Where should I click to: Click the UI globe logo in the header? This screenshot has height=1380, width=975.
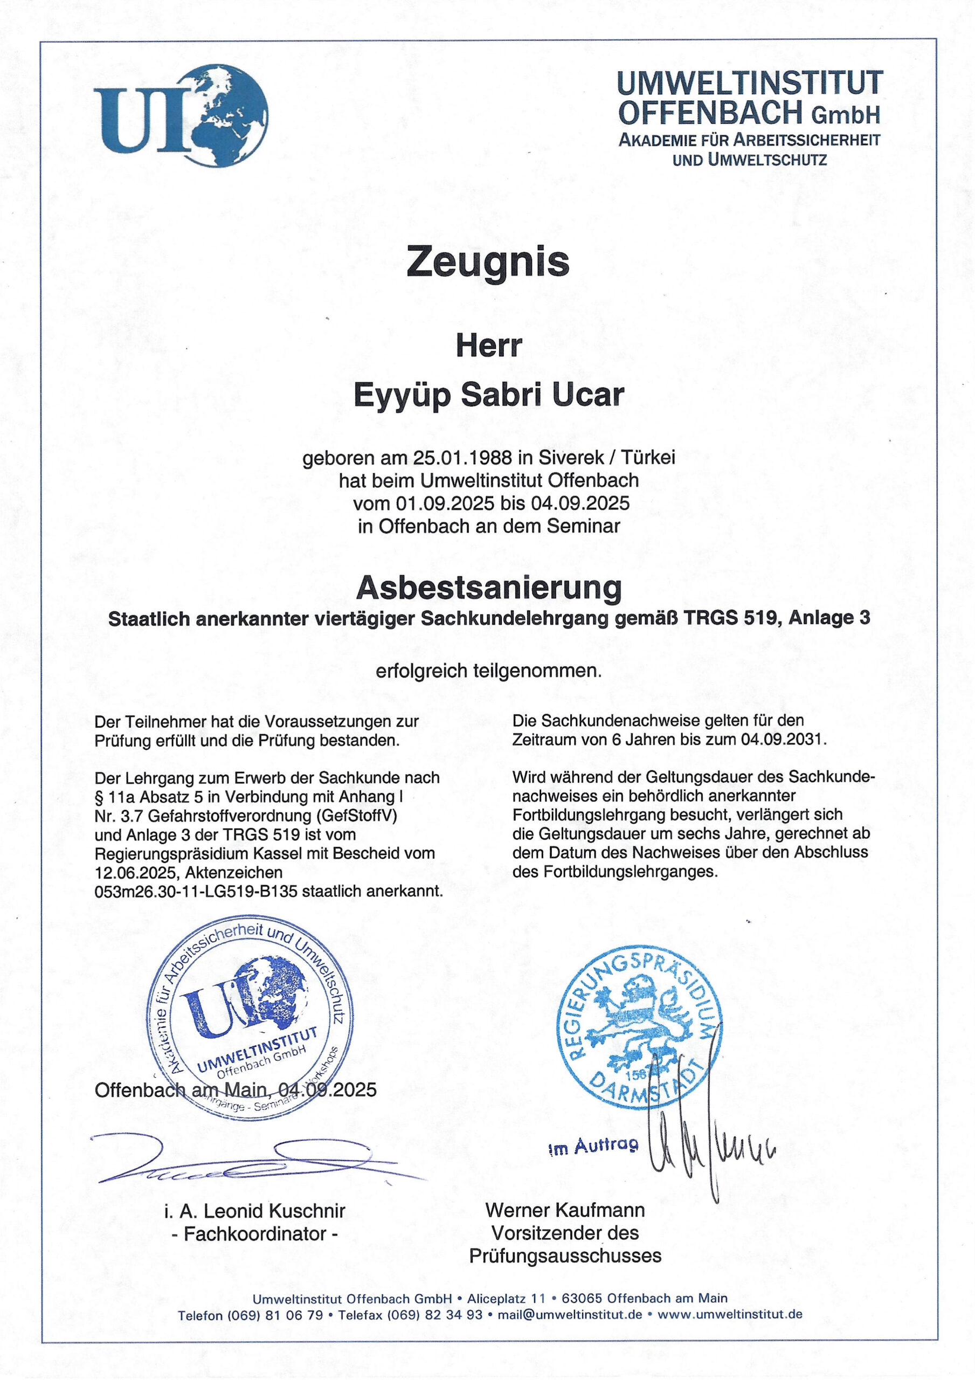(x=181, y=115)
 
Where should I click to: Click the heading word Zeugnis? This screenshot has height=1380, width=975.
(x=487, y=261)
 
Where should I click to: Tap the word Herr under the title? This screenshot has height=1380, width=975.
(x=488, y=346)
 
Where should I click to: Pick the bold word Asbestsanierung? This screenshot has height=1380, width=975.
(x=488, y=587)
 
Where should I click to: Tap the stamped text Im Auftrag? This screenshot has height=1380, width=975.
(x=593, y=1147)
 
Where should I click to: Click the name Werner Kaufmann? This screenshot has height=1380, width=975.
(x=564, y=1209)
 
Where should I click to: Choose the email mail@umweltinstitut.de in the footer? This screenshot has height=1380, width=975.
(x=570, y=1314)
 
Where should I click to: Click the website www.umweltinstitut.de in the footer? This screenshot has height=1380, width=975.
(x=730, y=1314)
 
